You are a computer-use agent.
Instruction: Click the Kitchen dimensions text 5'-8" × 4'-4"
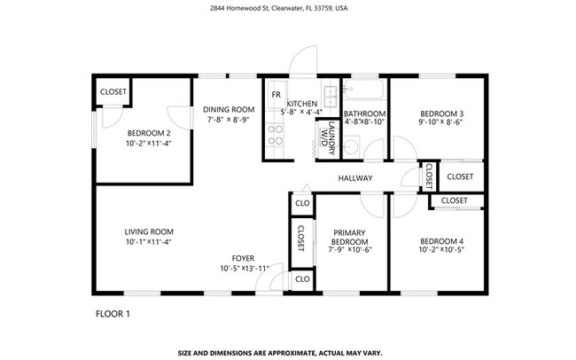coord(301,113)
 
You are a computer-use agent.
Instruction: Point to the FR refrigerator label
coord(276,94)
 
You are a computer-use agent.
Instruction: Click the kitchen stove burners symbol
coord(275,134)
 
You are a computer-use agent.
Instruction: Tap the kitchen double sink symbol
coord(330,94)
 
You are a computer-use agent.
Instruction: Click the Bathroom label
coord(364,113)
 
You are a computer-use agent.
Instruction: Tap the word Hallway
coord(355,178)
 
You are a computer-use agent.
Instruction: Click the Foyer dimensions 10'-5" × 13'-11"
coord(245,269)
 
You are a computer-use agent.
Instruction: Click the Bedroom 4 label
coord(441,241)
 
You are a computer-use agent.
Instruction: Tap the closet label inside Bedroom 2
coord(113,91)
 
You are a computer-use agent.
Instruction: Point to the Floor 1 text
coord(113,313)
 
